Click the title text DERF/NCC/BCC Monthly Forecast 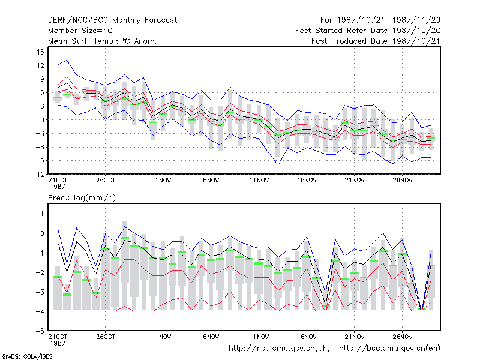(x=112, y=20)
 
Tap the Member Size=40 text (x=80, y=31)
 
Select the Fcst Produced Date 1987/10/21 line (x=376, y=41)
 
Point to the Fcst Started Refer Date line (x=368, y=31)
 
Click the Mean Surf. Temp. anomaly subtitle (x=102, y=41)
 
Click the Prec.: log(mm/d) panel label (x=82, y=198)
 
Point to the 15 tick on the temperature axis (x=40, y=52)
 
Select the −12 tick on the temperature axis (x=38, y=174)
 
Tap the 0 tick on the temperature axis (x=42, y=120)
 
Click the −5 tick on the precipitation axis (x=40, y=331)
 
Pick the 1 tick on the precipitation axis (x=42, y=214)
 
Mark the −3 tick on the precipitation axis (x=40, y=292)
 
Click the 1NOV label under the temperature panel (x=163, y=181)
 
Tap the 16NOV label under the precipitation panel (x=307, y=337)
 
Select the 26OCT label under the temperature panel (x=106, y=181)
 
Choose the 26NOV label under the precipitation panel (x=403, y=337)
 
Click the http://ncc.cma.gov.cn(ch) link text (x=279, y=349)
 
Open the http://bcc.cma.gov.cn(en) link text (x=389, y=349)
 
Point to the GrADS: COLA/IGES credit (x=27, y=356)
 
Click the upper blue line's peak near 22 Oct (x=67, y=60)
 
